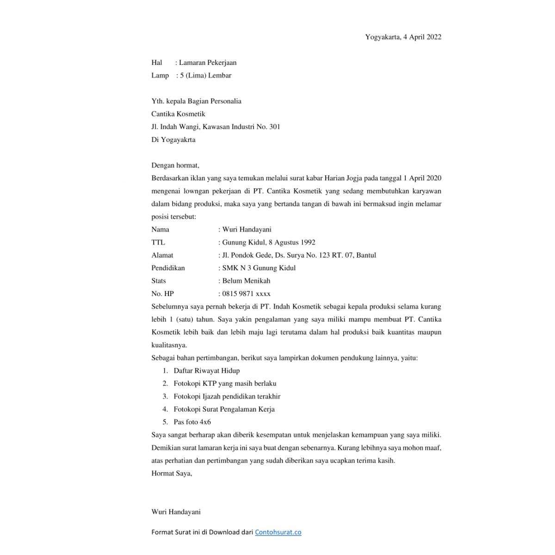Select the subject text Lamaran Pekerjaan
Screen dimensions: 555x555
click(x=208, y=62)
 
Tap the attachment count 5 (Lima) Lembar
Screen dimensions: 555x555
click(x=206, y=75)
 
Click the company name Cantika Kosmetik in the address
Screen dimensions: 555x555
click(x=178, y=114)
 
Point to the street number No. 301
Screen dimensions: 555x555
click(x=268, y=127)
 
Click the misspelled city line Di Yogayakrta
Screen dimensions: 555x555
click(x=173, y=140)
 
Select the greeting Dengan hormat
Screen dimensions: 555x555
click(x=175, y=165)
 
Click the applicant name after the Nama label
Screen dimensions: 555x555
click(x=247, y=229)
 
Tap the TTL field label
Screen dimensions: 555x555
click(x=158, y=242)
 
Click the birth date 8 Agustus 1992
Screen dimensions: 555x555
click(x=290, y=242)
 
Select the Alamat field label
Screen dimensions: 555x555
click(x=162, y=255)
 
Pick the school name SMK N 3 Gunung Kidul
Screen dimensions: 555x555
click(x=259, y=268)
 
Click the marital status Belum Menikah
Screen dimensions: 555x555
click(x=246, y=281)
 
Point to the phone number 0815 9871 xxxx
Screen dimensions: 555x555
click(x=246, y=294)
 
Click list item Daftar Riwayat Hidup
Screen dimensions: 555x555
click(x=206, y=370)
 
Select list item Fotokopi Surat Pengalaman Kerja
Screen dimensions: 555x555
click(x=224, y=409)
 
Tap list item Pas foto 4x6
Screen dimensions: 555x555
click(x=192, y=422)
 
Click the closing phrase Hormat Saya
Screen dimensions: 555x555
click(x=172, y=473)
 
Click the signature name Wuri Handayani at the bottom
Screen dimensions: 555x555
click(x=176, y=512)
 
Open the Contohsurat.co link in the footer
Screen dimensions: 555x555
click(x=278, y=532)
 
